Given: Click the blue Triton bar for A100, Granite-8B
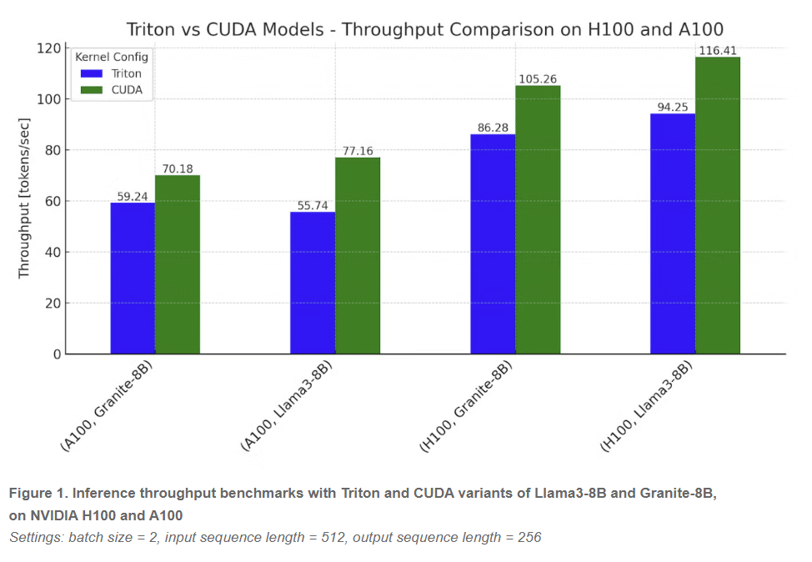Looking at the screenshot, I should click(133, 278).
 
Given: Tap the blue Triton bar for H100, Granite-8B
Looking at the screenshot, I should click(493, 244).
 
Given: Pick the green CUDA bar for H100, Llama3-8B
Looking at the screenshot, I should click(718, 206).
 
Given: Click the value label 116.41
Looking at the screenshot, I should click(718, 51).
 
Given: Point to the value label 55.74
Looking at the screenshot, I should click(313, 205).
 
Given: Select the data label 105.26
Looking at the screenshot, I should click(538, 79).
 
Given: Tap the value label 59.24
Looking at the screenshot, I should click(133, 197).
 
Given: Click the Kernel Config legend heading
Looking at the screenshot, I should click(112, 58).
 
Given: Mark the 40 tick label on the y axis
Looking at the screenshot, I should click(53, 253).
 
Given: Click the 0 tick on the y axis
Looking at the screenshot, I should click(57, 354).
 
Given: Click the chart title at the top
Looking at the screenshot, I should click(425, 29).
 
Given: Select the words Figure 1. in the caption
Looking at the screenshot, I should click(38, 493).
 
